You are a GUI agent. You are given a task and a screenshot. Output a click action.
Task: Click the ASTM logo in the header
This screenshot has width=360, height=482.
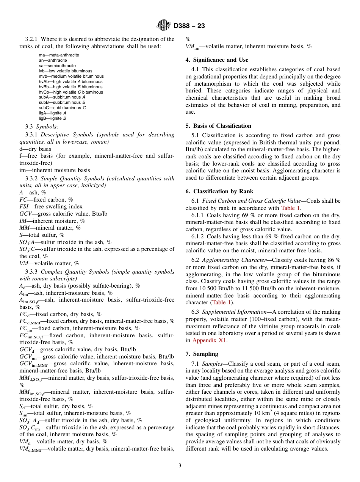[164, 25]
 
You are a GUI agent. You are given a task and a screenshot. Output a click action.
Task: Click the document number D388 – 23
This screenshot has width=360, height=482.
[189, 26]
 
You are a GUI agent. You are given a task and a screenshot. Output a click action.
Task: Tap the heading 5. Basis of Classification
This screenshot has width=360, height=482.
[218, 126]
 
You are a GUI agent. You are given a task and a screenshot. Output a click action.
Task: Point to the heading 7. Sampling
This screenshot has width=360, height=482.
[202, 354]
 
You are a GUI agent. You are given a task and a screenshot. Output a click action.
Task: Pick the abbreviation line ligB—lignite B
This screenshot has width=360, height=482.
[52, 118]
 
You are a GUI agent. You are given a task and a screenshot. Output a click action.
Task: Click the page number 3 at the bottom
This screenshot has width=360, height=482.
[180, 466]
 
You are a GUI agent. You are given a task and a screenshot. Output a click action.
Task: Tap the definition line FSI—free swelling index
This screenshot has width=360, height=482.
[51, 207]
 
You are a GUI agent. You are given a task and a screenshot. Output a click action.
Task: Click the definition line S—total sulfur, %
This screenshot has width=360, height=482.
[42, 235]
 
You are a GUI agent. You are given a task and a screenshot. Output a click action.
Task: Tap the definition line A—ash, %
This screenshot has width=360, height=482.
[33, 192]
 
